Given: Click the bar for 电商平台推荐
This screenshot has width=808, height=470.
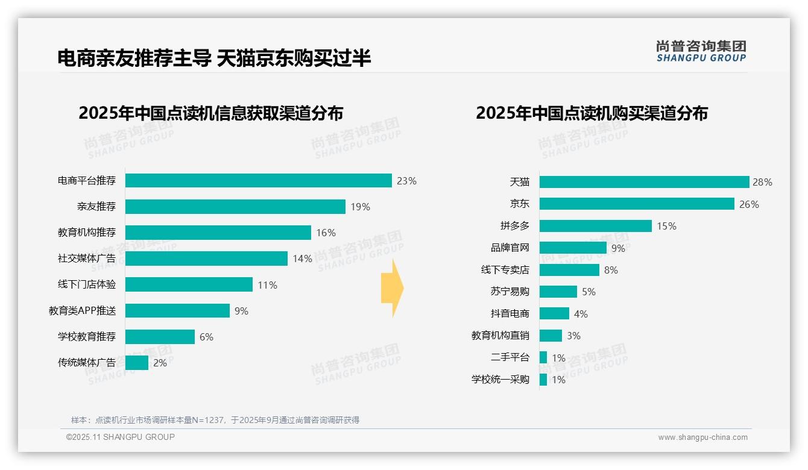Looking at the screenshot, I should click(258, 181).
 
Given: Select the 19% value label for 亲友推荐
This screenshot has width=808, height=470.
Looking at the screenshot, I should click(360, 207).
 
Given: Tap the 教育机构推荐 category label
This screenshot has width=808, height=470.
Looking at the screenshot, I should click(87, 233).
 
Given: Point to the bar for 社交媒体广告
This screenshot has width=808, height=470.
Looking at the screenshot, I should click(206, 258).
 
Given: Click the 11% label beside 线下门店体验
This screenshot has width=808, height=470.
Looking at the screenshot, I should click(267, 285).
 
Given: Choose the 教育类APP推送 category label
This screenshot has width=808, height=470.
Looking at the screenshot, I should click(83, 311).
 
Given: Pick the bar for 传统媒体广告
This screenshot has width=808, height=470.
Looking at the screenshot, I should click(137, 363).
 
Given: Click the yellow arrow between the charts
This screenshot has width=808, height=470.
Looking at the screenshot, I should click(392, 289).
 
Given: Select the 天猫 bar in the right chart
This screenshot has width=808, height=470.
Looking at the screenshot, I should click(644, 182).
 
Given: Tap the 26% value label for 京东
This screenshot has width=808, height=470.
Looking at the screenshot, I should click(749, 204).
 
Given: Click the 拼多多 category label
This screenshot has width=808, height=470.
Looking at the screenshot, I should click(515, 226).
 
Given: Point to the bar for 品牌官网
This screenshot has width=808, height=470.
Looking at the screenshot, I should click(573, 248).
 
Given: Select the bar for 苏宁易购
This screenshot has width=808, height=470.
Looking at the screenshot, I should click(558, 292).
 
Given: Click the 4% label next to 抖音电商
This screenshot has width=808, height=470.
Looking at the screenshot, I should click(581, 314).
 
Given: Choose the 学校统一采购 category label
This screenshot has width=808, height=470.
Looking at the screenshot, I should click(500, 380).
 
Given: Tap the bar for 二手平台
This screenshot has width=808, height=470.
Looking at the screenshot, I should click(543, 357).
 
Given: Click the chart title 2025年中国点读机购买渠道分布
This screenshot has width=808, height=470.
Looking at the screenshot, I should click(592, 113).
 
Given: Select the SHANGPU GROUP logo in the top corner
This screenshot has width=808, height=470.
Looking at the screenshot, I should click(701, 51).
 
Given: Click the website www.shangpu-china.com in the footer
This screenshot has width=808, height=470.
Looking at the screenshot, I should click(702, 437).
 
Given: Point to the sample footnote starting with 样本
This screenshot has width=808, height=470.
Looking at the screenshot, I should click(215, 420).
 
